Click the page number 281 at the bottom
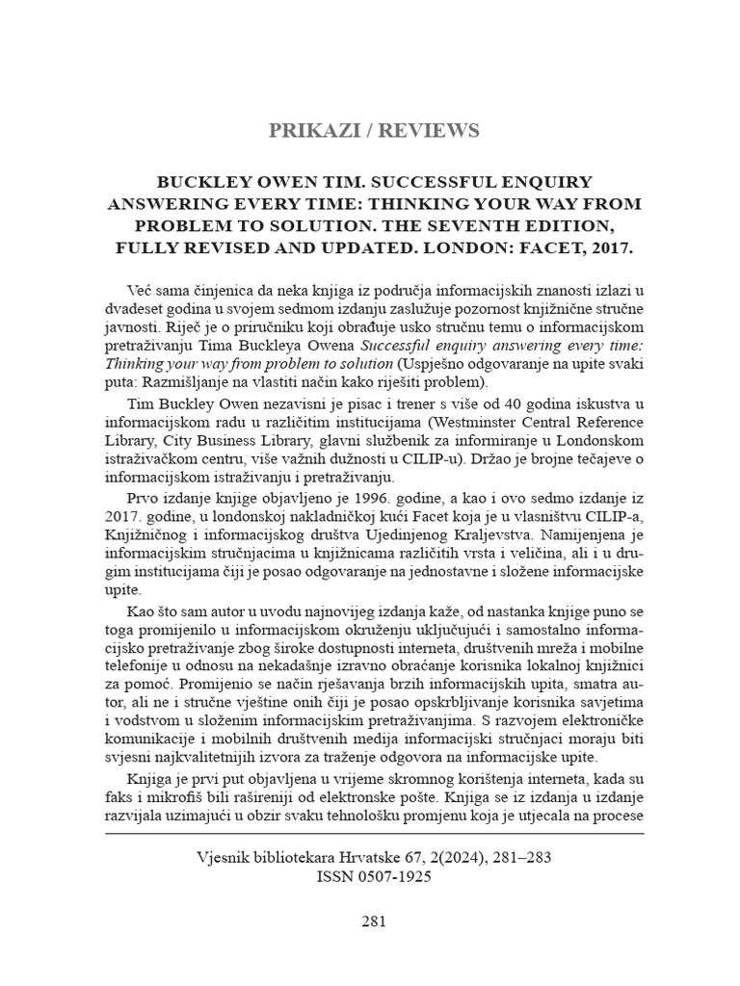pos(374,921)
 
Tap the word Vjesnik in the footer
pos(222,857)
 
